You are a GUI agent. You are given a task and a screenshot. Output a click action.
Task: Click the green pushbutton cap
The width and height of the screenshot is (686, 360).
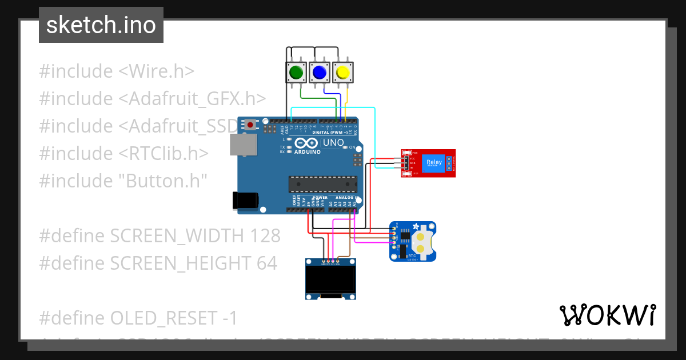[x=296, y=73]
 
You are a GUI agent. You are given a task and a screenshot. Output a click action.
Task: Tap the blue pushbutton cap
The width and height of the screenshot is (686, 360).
[x=319, y=73]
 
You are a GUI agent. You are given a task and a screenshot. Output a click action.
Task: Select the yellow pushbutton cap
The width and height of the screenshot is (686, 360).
[x=342, y=73]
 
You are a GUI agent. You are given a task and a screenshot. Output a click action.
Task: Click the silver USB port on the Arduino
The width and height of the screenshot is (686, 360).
[x=244, y=145]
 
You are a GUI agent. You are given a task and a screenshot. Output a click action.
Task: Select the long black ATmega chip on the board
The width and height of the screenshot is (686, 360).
[x=322, y=185]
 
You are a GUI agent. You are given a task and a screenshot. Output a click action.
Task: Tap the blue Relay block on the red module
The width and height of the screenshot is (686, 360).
[x=434, y=163]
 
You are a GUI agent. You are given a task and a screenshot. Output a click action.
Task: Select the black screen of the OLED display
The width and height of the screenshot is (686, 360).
[x=332, y=279]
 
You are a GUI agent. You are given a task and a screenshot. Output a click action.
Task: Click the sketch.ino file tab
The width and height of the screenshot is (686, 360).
[x=101, y=25]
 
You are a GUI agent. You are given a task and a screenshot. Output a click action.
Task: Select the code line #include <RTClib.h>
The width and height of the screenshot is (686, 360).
[x=123, y=153]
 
